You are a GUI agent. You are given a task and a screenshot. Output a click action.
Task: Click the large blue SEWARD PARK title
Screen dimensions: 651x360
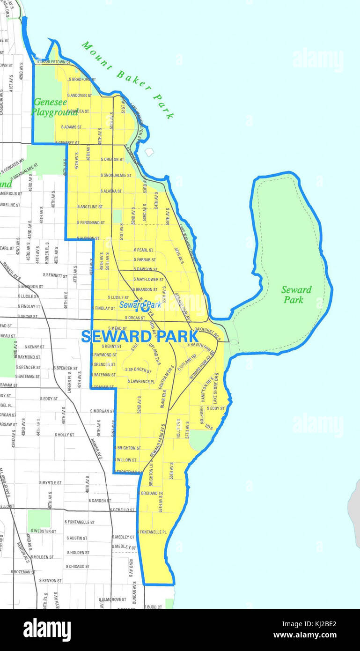tap(139, 336)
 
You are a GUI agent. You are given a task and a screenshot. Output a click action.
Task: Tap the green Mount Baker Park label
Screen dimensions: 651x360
tap(128, 79)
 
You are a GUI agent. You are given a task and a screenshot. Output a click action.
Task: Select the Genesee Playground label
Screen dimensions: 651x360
tap(53, 107)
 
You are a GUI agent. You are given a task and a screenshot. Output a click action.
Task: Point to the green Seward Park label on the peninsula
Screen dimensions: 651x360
tap(296, 295)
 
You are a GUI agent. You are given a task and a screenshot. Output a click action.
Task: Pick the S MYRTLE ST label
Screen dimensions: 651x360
tap(51, 482)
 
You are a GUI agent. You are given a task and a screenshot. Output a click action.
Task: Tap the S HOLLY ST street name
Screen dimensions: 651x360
tap(64, 435)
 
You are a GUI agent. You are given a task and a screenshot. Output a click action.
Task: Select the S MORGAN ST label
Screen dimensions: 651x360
tap(102, 411)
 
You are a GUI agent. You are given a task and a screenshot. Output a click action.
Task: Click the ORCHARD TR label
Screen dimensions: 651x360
tap(152, 493)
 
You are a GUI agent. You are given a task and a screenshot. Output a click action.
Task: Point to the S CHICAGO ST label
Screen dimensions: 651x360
tap(77, 566)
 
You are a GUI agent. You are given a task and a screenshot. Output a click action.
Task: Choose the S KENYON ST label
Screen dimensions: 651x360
tap(50, 580)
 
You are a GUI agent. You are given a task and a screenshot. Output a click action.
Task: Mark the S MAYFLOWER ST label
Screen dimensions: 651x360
tap(148, 279)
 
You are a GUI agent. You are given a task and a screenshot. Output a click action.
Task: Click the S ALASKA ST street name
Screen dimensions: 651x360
tap(111, 191)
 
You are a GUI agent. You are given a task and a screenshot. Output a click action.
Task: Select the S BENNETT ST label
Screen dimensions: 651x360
tap(55, 275)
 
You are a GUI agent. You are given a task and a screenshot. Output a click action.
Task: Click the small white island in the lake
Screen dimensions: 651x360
tap(149, 152)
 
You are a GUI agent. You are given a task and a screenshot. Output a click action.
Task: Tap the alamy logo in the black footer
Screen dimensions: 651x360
tap(47, 630)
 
